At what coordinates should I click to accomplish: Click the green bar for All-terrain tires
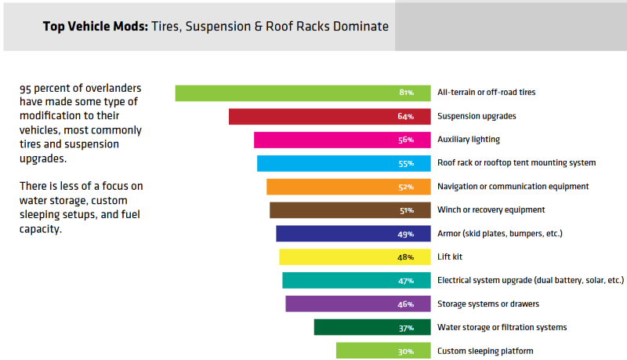(x=282, y=93)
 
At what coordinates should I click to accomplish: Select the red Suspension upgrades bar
(x=313, y=116)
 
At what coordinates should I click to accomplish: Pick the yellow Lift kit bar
(x=337, y=256)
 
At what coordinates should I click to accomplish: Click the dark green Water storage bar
(x=353, y=327)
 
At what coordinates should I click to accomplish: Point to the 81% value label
(x=406, y=93)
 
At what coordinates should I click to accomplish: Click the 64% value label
(x=405, y=117)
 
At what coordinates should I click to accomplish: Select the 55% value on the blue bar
(x=406, y=163)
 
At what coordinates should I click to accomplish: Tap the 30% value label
(x=405, y=351)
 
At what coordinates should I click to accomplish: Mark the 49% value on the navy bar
(x=405, y=234)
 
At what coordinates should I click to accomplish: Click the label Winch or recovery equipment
(x=491, y=209)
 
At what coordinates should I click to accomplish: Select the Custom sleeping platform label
(x=485, y=351)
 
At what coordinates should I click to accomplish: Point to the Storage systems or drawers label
(x=487, y=304)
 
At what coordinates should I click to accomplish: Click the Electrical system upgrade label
(x=530, y=280)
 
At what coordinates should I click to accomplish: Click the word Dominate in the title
(x=360, y=27)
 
